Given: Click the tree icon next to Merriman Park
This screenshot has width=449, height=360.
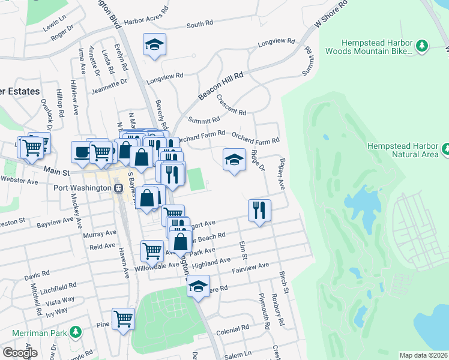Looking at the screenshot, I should pos(75,331).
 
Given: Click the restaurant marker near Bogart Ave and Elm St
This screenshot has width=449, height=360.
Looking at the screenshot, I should pos(259,210).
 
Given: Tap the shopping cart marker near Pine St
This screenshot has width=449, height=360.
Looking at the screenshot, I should pos(123,319).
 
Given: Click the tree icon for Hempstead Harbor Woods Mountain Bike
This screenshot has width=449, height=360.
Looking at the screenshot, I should pos(421,46).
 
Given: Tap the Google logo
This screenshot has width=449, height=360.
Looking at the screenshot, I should pos(20,353).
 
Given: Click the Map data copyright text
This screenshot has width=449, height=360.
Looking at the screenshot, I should pos(423,355).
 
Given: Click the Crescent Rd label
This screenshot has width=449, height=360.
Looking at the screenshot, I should pos(231,105).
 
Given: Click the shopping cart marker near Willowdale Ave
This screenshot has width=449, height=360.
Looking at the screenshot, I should pos(152,250).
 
